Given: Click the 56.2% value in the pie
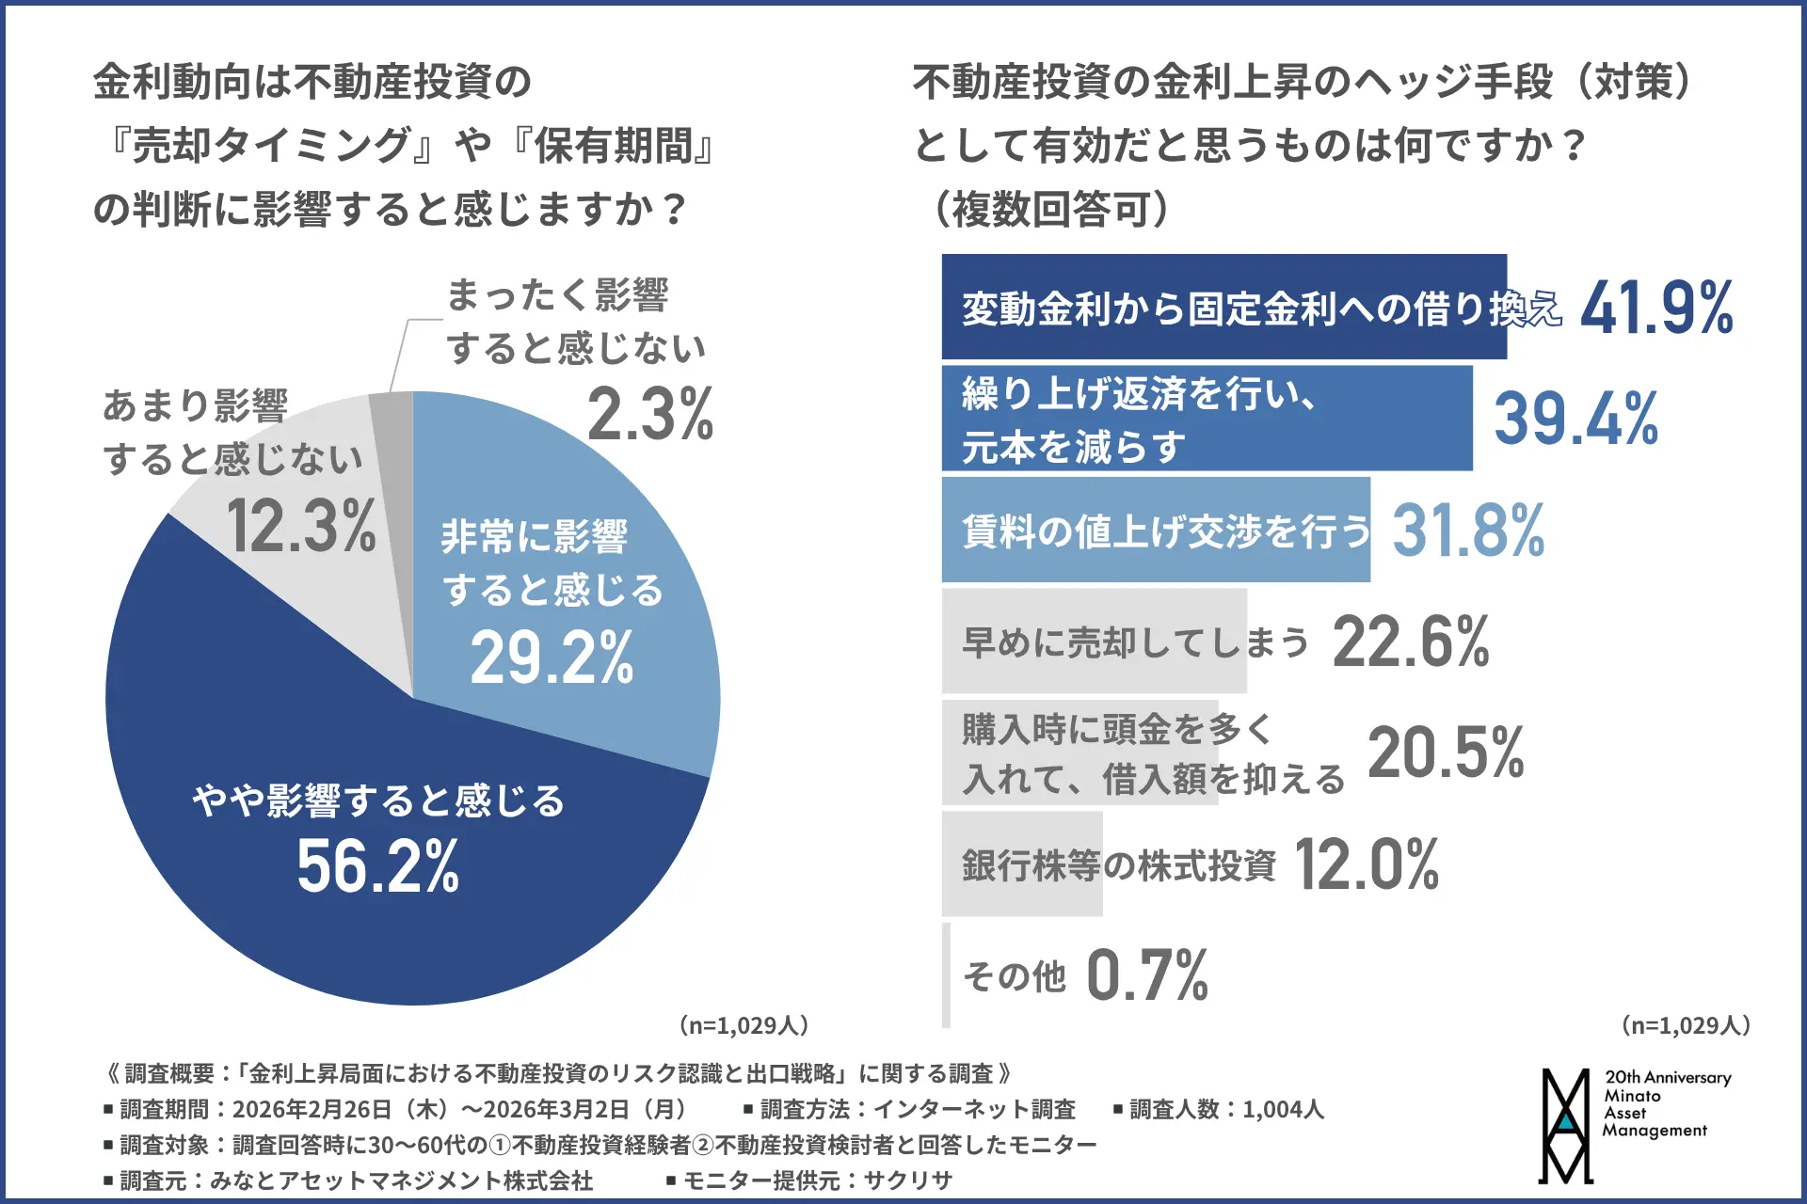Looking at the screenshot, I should [378, 866].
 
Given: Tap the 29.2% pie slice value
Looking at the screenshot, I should [552, 657].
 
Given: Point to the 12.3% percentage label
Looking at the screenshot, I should [301, 526].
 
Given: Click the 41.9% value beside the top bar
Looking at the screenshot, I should [1656, 309].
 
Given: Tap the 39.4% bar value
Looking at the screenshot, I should [1575, 419].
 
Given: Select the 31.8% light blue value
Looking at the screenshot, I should [1468, 531].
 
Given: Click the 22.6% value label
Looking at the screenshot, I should [1410, 642].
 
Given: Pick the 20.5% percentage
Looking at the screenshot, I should [1446, 753].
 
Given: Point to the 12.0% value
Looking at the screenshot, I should [1367, 864].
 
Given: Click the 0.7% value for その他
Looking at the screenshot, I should [1146, 975].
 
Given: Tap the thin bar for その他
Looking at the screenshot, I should [946, 975].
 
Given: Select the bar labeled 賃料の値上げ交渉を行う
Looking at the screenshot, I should [1156, 530].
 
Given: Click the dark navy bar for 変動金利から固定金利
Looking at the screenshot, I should [1223, 307].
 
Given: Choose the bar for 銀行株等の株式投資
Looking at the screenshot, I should [1022, 864].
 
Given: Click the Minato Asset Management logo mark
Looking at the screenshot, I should [1565, 1126].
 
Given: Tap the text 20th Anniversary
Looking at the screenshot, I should [1668, 1078].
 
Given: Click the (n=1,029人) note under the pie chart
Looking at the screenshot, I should [744, 1025].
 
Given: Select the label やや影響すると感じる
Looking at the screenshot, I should [378, 801].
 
